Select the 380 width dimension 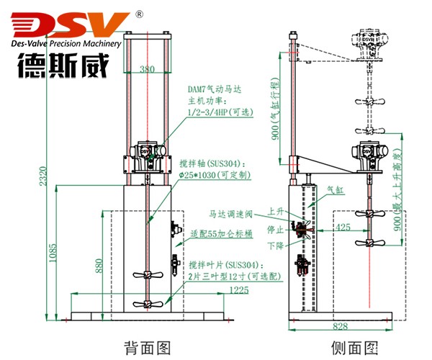[148, 70]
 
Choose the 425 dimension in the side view [343, 228]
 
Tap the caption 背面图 [148, 348]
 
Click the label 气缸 [336, 191]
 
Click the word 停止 [275, 230]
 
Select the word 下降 [275, 246]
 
